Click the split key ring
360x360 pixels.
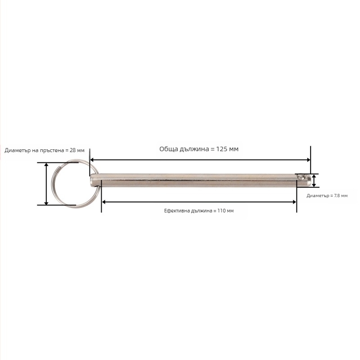(x=52, y=184)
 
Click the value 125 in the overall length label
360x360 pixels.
(x=221, y=149)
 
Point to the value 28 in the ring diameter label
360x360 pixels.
(x=72, y=150)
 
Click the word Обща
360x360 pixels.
(x=169, y=149)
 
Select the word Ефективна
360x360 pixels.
(x=177, y=211)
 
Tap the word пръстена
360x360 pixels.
(x=52, y=151)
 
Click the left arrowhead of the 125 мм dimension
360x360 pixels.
(x=92, y=160)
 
